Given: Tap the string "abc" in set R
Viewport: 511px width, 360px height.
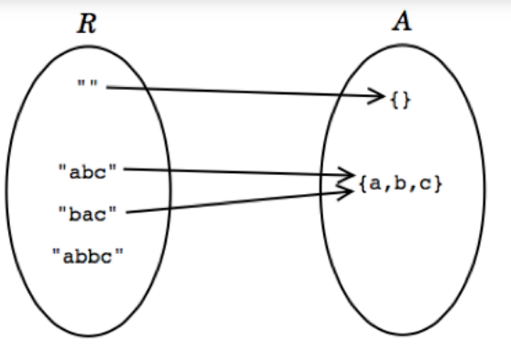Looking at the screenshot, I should (x=89, y=169).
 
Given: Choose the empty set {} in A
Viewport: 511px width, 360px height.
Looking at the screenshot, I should (x=401, y=98).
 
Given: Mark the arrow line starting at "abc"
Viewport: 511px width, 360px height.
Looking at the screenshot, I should (x=238, y=171).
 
